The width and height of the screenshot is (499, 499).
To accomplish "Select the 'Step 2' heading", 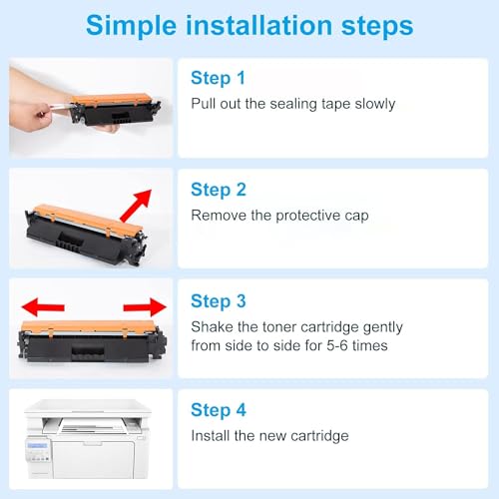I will tap(219, 190).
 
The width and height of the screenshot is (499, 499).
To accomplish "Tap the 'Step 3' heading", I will tap(219, 300).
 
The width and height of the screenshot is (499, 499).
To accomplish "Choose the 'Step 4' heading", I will tap(219, 410).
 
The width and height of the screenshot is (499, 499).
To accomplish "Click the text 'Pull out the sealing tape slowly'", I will tap(292, 104).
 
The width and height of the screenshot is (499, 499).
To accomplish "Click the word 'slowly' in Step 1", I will tap(373, 104).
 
